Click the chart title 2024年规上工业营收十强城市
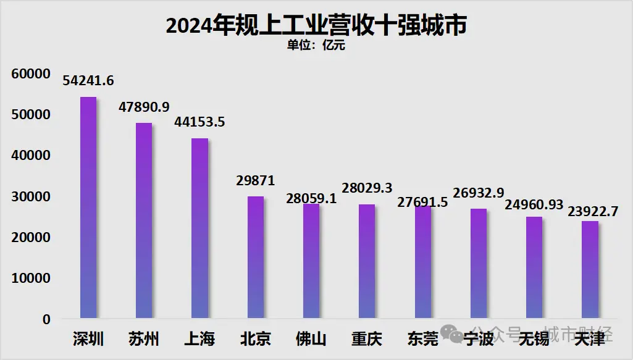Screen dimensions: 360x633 tap(316, 26)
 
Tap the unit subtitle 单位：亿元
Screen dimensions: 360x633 tap(316, 46)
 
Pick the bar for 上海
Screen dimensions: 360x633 tap(199, 228)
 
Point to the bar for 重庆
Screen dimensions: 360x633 tap(367, 262)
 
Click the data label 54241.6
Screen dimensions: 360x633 tap(88, 81)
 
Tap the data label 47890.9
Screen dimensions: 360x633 tap(144, 107)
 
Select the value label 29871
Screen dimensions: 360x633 tap(256, 180)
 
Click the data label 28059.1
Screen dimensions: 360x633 tap(311, 198)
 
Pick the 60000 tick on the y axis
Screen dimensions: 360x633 tap(30, 74)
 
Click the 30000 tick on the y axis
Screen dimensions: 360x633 tap(30, 197)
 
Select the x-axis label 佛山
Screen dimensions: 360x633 tap(311, 339)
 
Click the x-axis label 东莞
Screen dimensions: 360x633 tap(422, 339)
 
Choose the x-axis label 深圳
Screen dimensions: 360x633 tap(88, 339)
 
